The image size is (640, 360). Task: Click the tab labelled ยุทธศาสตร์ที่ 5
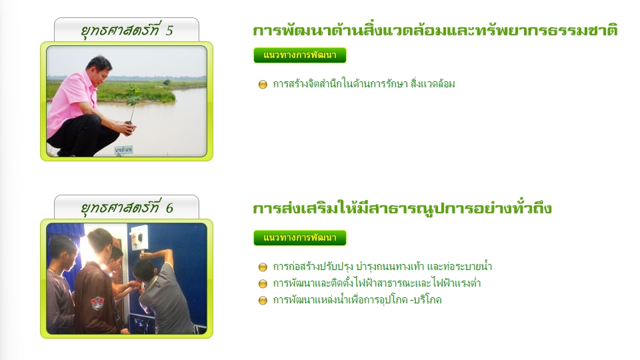coord(127,30)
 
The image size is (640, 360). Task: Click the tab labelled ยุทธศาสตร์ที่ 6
coord(127,207)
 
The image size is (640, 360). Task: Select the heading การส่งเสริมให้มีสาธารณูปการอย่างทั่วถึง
coord(402,208)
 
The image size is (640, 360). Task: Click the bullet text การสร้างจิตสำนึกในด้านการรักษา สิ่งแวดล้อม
coord(364,84)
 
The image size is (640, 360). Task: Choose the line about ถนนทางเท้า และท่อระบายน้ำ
coord(382,267)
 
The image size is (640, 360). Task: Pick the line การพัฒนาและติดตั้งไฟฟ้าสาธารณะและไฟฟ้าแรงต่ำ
coord(376,283)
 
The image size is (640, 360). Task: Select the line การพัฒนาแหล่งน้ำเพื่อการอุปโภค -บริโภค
coord(357,300)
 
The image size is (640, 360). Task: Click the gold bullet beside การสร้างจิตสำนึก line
coord(263,85)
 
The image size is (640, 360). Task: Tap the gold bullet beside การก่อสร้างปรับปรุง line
coord(263,267)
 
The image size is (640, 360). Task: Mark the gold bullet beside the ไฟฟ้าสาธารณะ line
coord(263,284)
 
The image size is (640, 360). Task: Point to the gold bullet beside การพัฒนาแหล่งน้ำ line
coord(263,301)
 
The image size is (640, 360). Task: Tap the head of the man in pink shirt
coord(99,68)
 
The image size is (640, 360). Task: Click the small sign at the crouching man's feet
coord(123,150)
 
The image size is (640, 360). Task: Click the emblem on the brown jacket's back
coord(97,303)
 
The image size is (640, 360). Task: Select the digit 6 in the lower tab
coord(169,208)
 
